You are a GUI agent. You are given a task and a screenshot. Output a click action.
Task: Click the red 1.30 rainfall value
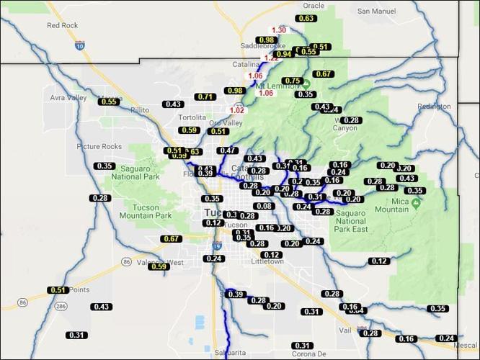[x=280, y=30]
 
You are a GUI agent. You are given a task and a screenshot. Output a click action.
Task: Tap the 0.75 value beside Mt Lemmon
[x=292, y=81]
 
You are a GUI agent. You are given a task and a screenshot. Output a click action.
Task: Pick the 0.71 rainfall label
[x=205, y=96]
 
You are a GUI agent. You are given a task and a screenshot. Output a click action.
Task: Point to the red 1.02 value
[x=236, y=110]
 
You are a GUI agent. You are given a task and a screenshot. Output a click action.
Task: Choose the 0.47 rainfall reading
[x=228, y=150]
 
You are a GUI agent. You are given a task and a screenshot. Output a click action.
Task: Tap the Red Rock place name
[x=62, y=25]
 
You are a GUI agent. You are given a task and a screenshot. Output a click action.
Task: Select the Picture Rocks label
[x=98, y=146]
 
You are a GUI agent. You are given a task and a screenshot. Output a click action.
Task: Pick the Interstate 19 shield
[x=217, y=246]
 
